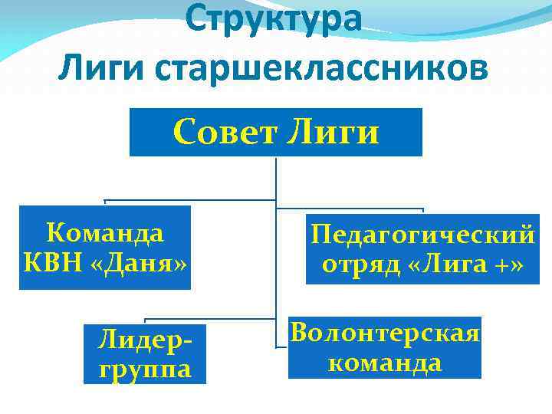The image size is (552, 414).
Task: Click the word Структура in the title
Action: [273, 19]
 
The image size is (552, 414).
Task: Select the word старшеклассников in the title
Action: [320, 69]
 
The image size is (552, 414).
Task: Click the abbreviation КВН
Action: [54, 264]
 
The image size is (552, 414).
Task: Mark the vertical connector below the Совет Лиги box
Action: [276, 184]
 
